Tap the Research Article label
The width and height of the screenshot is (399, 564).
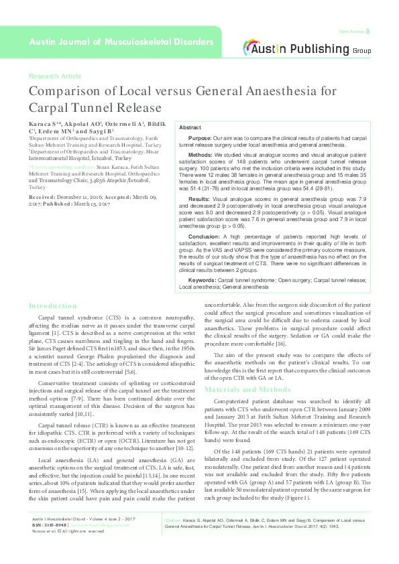56,76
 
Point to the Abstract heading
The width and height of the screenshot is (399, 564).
190,127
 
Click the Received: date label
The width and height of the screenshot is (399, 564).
42,198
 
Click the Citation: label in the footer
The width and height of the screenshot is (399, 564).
174,538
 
